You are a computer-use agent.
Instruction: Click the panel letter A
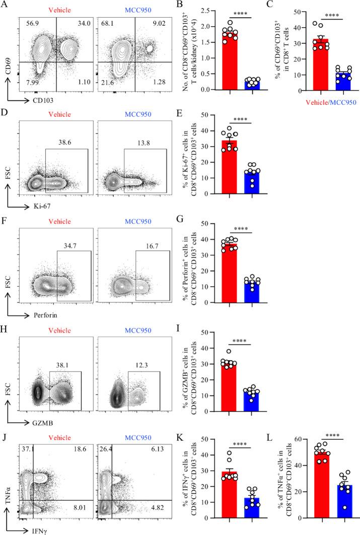point(5,6)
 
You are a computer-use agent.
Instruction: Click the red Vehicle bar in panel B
point(230,60)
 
